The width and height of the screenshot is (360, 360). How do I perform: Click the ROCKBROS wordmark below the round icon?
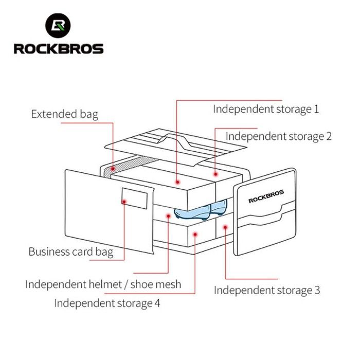coord(58,49)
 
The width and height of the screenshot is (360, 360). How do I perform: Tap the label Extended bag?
coord(64,114)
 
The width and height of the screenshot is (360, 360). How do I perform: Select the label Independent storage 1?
coord(266,109)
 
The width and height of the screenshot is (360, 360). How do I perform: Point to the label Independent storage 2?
coord(279,136)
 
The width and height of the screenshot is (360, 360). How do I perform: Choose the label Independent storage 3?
coord(267,290)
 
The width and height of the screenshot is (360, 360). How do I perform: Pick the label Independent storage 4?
coord(107,303)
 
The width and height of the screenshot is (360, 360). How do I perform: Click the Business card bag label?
coord(70,251)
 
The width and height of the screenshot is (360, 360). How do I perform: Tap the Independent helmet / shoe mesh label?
coord(103,284)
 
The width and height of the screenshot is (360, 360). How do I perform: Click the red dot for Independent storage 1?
coord(176,181)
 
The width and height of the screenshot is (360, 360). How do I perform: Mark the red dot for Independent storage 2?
coord(216,175)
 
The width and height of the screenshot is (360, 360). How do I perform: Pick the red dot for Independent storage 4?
coord(195,234)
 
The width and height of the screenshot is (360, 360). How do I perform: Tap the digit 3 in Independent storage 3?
coord(317,290)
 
